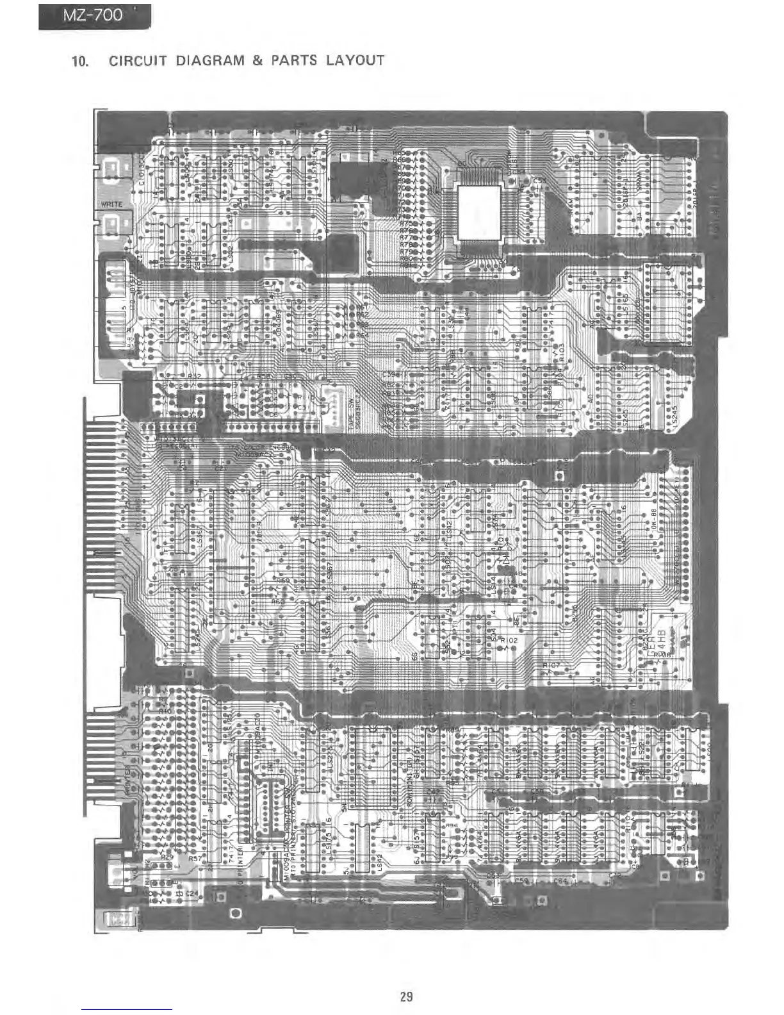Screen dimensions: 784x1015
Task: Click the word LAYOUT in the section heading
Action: click(354, 61)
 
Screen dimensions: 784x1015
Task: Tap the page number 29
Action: click(406, 996)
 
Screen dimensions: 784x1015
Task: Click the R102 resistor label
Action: click(509, 640)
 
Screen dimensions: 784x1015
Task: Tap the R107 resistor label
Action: click(551, 666)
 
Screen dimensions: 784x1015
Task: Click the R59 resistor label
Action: click(282, 581)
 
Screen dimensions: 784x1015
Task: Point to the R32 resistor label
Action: click(194, 377)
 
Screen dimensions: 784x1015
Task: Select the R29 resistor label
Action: click(167, 857)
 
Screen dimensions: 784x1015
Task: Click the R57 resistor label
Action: click(195, 857)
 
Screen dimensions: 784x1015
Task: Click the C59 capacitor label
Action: click(521, 880)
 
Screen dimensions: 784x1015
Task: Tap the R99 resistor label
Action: click(452, 856)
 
